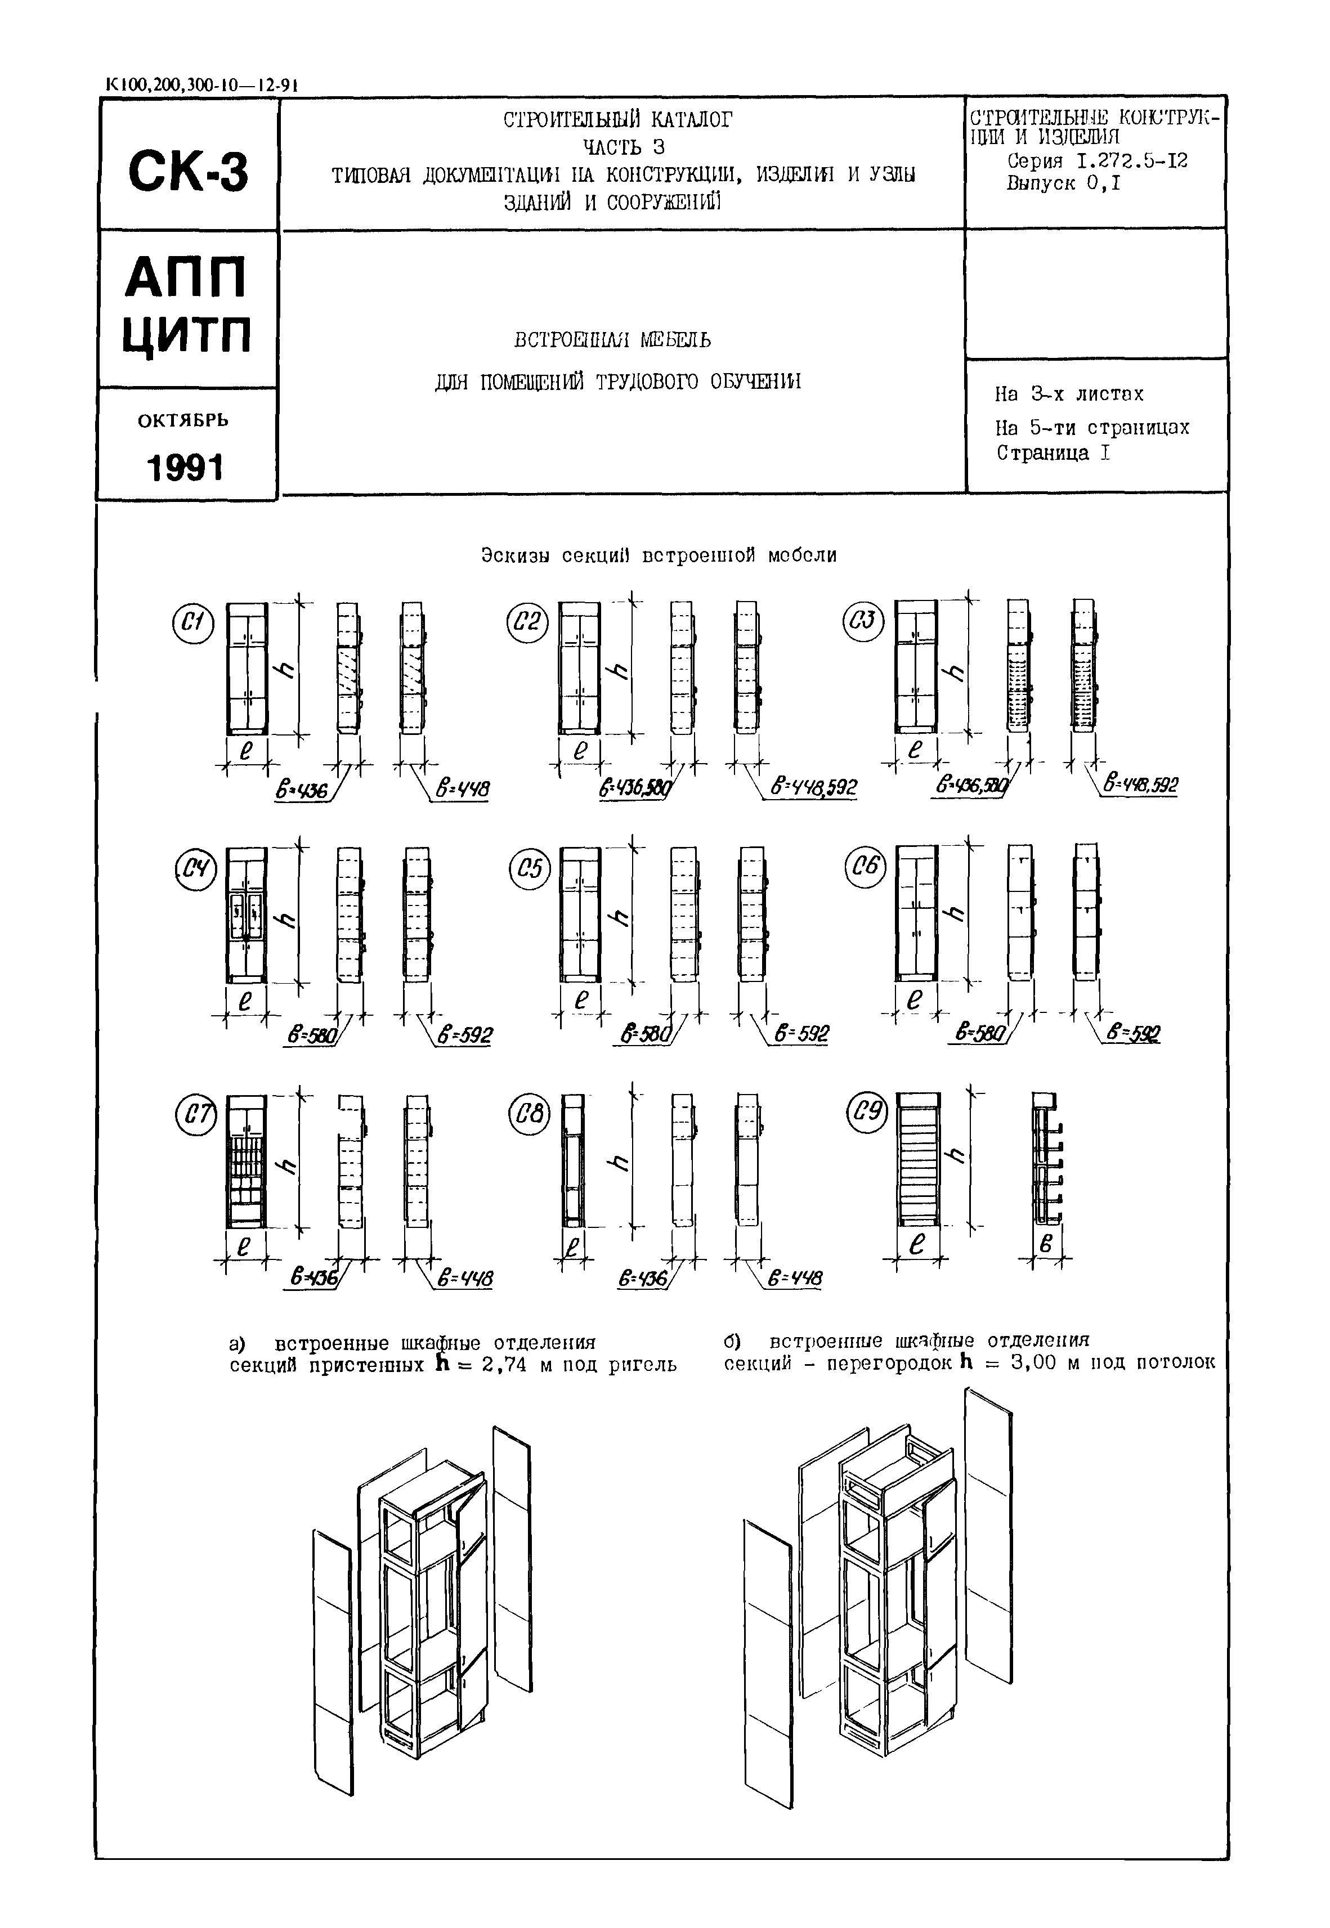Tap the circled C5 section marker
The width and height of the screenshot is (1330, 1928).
click(x=529, y=870)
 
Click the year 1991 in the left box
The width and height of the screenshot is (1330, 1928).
click(x=186, y=468)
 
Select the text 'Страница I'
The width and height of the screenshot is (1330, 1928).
click(x=1053, y=453)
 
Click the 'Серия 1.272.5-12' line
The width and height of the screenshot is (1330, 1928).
click(x=1096, y=161)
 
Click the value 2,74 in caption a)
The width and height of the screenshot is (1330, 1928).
click(x=504, y=1365)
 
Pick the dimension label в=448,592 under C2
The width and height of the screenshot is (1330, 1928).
click(x=813, y=787)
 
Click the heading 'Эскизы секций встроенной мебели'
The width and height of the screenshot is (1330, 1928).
click(x=659, y=555)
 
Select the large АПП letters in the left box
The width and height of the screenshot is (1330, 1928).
click(x=187, y=277)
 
